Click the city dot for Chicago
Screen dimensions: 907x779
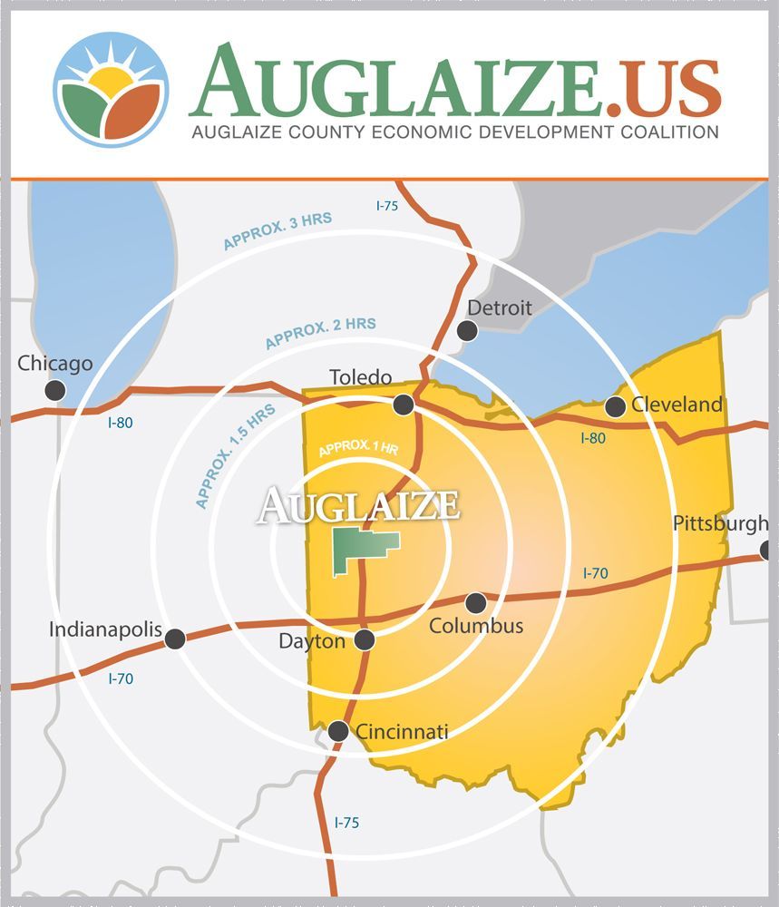coord(55,390)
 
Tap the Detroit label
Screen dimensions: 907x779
coord(499,308)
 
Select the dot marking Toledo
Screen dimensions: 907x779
coord(404,404)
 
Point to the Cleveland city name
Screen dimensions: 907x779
coord(677,405)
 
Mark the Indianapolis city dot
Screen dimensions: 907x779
coord(175,639)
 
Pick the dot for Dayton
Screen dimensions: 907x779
coord(365,639)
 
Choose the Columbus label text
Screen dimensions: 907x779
coord(476,626)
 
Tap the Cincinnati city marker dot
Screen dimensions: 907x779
coord(338,730)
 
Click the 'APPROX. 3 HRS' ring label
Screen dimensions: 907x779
coord(278,230)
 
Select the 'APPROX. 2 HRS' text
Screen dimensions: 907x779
coord(320,333)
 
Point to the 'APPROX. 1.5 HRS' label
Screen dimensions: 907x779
coord(234,455)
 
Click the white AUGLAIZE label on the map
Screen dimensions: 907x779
coord(358,505)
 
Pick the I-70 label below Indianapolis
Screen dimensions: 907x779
coord(122,678)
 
